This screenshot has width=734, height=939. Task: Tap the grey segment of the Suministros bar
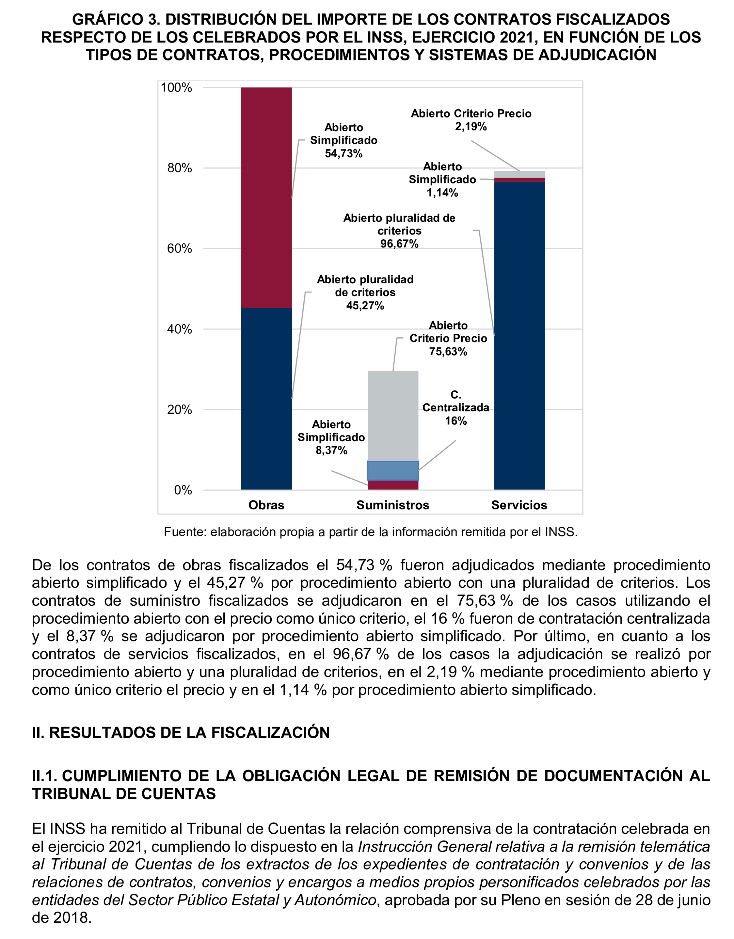tap(393, 416)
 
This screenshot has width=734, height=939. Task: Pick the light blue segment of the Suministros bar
tap(393, 471)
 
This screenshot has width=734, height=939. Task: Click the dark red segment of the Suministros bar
tap(393, 486)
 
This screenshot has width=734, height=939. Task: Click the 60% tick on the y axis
tap(179, 249)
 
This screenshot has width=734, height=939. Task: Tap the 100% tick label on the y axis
tap(176, 88)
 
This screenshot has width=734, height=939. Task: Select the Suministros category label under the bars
tap(393, 505)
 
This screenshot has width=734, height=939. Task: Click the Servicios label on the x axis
tap(519, 505)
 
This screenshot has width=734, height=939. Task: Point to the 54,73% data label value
tap(344, 153)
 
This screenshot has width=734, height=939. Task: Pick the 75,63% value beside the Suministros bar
tap(448, 352)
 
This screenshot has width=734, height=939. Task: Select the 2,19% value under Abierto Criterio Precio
tap(471, 126)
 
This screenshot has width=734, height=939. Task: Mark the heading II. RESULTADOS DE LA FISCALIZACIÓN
tap(181, 732)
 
